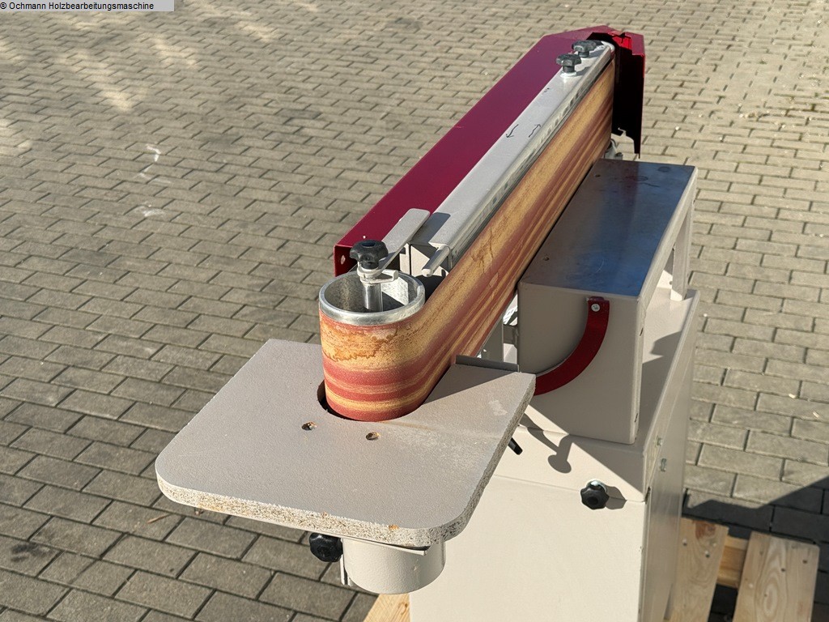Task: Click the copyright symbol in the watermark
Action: tap(4, 6)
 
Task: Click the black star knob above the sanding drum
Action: tap(368, 253)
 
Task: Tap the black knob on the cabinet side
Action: tap(594, 495)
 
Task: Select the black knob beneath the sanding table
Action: tap(325, 547)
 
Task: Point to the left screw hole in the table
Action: tap(307, 425)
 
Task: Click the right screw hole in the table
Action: tap(372, 436)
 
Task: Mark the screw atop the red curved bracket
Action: tap(595, 305)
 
